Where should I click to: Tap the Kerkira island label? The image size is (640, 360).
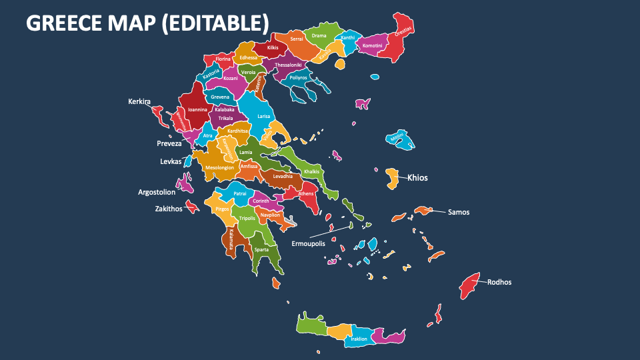pos(139,101)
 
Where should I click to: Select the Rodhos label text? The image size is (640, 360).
pos(499,282)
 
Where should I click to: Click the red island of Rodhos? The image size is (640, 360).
pos(470,285)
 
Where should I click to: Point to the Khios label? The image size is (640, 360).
pos(417,178)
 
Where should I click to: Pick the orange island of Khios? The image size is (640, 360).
pos(393,177)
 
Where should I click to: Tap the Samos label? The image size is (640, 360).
pos(458,212)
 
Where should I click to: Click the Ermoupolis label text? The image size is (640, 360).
pos(308,243)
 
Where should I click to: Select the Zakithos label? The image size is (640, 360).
pos(169,209)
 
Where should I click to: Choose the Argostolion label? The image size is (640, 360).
pos(157,192)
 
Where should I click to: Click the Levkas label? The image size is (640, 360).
pos(171,161)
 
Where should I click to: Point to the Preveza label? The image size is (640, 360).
pos(169,143)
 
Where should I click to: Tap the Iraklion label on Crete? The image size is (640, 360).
pos(359,339)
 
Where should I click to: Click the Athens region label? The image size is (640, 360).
pos(306,193)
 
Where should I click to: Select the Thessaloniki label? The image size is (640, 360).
pos(288,65)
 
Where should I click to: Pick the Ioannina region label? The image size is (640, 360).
pos(197,109)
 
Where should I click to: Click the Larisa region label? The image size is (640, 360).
pos(265,116)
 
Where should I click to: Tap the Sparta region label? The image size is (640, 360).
pos(261,249)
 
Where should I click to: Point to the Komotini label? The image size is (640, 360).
pos(373,45)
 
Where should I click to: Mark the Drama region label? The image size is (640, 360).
pos(319,35)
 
